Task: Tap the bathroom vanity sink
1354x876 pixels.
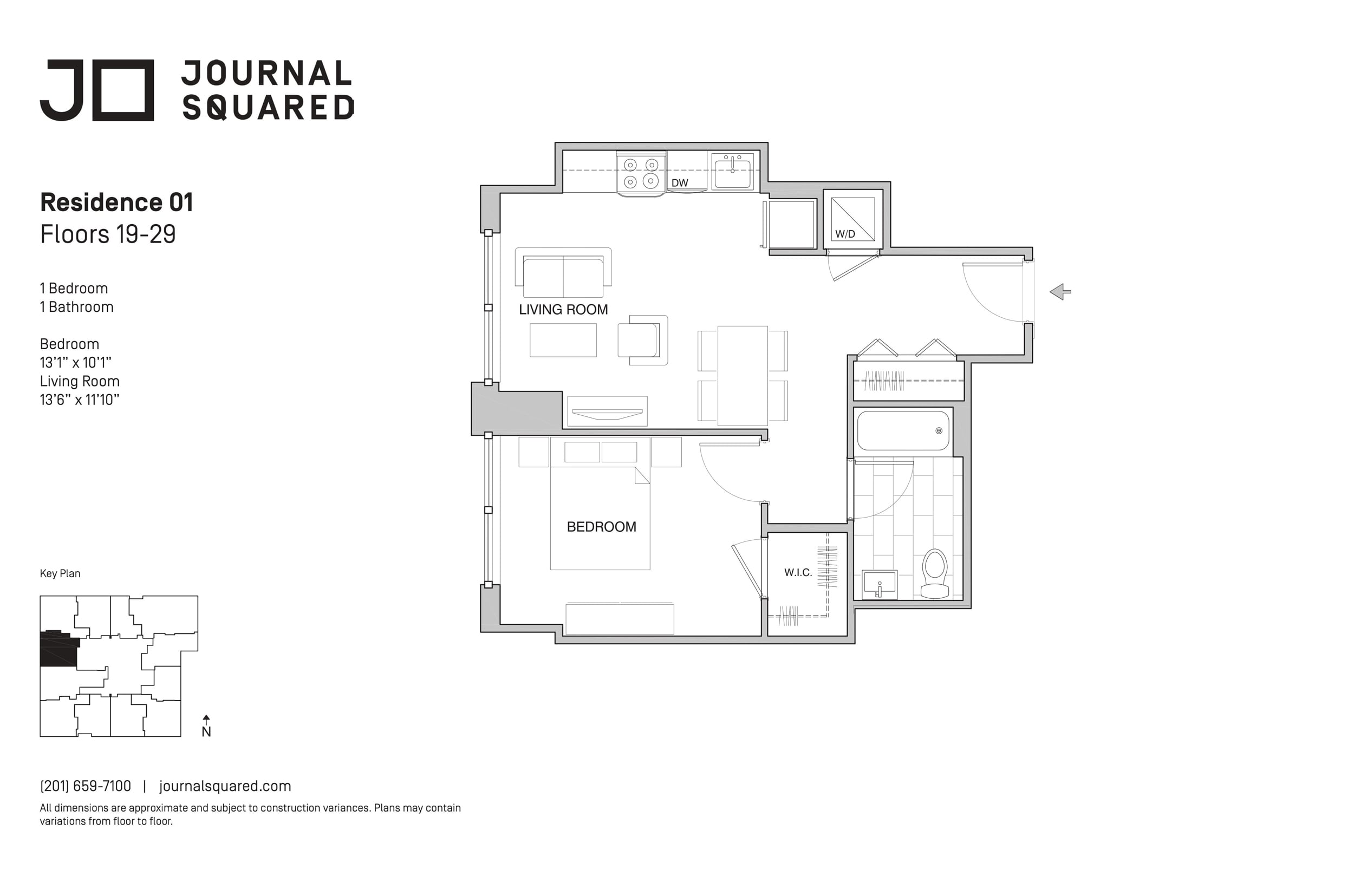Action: tap(880, 584)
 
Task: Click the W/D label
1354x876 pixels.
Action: tap(845, 234)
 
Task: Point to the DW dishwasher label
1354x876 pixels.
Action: tap(680, 182)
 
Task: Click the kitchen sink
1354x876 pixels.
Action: tap(732, 171)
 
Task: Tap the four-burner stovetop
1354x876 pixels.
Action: tap(641, 173)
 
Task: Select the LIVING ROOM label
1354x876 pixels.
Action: tap(563, 310)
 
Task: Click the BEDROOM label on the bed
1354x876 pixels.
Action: tap(601, 527)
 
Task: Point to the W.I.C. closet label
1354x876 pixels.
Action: tap(798, 572)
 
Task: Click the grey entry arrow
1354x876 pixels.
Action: tap(1060, 292)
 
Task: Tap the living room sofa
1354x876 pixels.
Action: tap(563, 272)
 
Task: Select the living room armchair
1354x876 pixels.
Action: tap(643, 339)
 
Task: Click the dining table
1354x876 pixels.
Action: tap(743, 375)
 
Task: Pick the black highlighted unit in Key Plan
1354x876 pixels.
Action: tap(58, 648)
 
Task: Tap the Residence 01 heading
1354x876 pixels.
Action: tap(116, 202)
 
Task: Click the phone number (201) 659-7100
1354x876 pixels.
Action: tap(86, 786)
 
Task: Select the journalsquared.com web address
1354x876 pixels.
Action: tap(225, 786)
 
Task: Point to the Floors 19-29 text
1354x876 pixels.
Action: tap(108, 234)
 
